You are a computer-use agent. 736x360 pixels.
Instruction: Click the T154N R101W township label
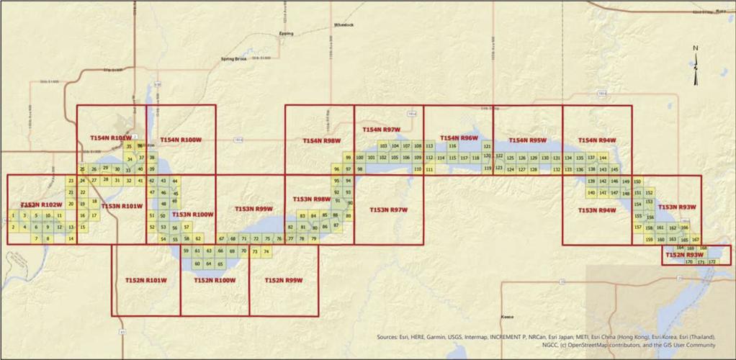(x=110, y=137)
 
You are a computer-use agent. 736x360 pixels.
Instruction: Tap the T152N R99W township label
(x=284, y=279)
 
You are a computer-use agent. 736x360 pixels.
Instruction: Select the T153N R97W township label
(x=388, y=210)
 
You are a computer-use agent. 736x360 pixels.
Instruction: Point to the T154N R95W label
(x=527, y=140)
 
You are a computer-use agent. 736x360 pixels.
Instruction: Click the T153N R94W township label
(x=597, y=210)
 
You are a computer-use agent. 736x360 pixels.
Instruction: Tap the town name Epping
(x=286, y=34)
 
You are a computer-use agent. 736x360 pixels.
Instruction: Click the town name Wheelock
(x=344, y=24)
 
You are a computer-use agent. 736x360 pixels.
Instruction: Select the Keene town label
(x=509, y=317)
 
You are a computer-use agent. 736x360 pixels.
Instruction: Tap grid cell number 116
(x=452, y=145)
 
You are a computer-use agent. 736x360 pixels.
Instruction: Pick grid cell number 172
(x=712, y=262)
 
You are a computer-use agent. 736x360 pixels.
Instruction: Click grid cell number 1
(x=13, y=215)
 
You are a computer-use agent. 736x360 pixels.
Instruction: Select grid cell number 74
(x=266, y=251)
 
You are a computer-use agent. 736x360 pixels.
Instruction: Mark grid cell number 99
(x=348, y=157)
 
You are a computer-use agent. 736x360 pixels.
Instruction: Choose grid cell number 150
(x=637, y=181)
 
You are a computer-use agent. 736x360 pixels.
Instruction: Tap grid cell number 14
(x=71, y=238)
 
